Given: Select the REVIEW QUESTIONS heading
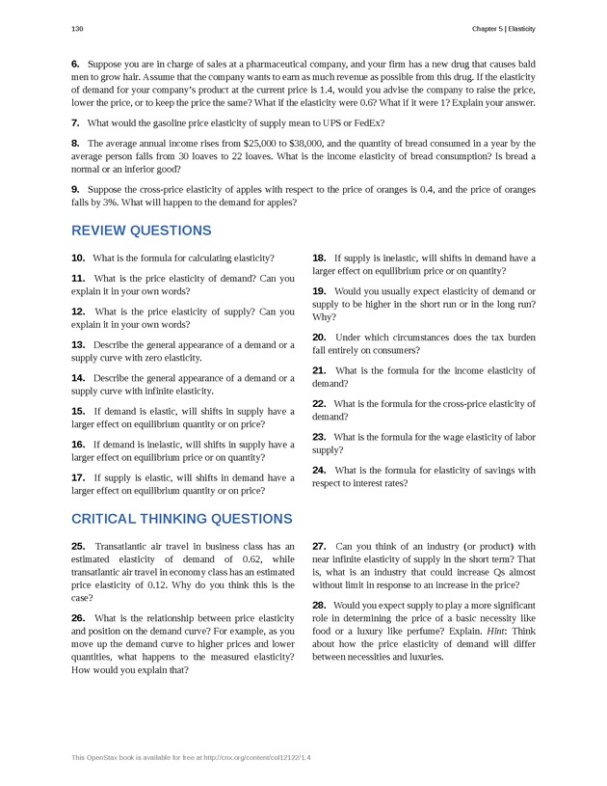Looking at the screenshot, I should tap(141, 230).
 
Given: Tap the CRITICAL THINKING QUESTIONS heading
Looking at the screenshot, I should tap(181, 518).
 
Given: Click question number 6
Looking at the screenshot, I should tap(75, 63).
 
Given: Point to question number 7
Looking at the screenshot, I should tap(75, 122).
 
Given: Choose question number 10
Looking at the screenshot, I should tap(78, 257).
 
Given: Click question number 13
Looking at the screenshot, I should tap(78, 344).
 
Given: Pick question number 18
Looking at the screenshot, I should tap(319, 257).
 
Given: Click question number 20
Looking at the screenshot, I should tap(319, 337).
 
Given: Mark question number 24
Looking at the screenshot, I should tap(319, 470).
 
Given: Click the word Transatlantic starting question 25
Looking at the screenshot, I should tap(127, 546).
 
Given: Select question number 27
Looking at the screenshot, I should tap(319, 546).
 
